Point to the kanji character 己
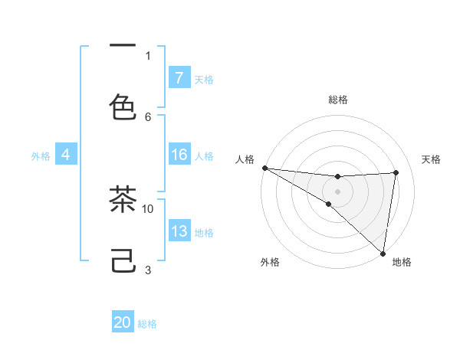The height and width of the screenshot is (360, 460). pos(123,263)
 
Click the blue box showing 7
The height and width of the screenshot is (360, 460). pos(179,78)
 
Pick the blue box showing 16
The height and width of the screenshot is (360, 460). pos(179,155)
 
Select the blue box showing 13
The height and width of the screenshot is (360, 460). pos(179,231)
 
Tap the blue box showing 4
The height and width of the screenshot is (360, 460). pos(66,155)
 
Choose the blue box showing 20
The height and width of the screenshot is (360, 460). pos(123,322)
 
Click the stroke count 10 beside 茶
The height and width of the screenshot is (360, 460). pos(148,208)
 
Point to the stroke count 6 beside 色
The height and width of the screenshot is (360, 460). pos(148,116)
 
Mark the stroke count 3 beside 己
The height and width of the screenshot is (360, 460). pos(148,270)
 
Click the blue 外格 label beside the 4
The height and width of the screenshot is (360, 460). pos(41,155)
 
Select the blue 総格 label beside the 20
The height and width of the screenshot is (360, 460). pos(147,324)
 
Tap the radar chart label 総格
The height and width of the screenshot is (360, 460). pos(337,100)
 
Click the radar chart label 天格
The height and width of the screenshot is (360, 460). pos(431,159)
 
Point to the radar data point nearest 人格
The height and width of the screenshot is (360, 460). pos(264,168)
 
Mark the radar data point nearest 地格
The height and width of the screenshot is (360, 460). pos(383,253)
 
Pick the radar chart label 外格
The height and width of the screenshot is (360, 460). pos(270,262)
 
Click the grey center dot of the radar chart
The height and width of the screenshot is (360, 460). pos(337,191)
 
